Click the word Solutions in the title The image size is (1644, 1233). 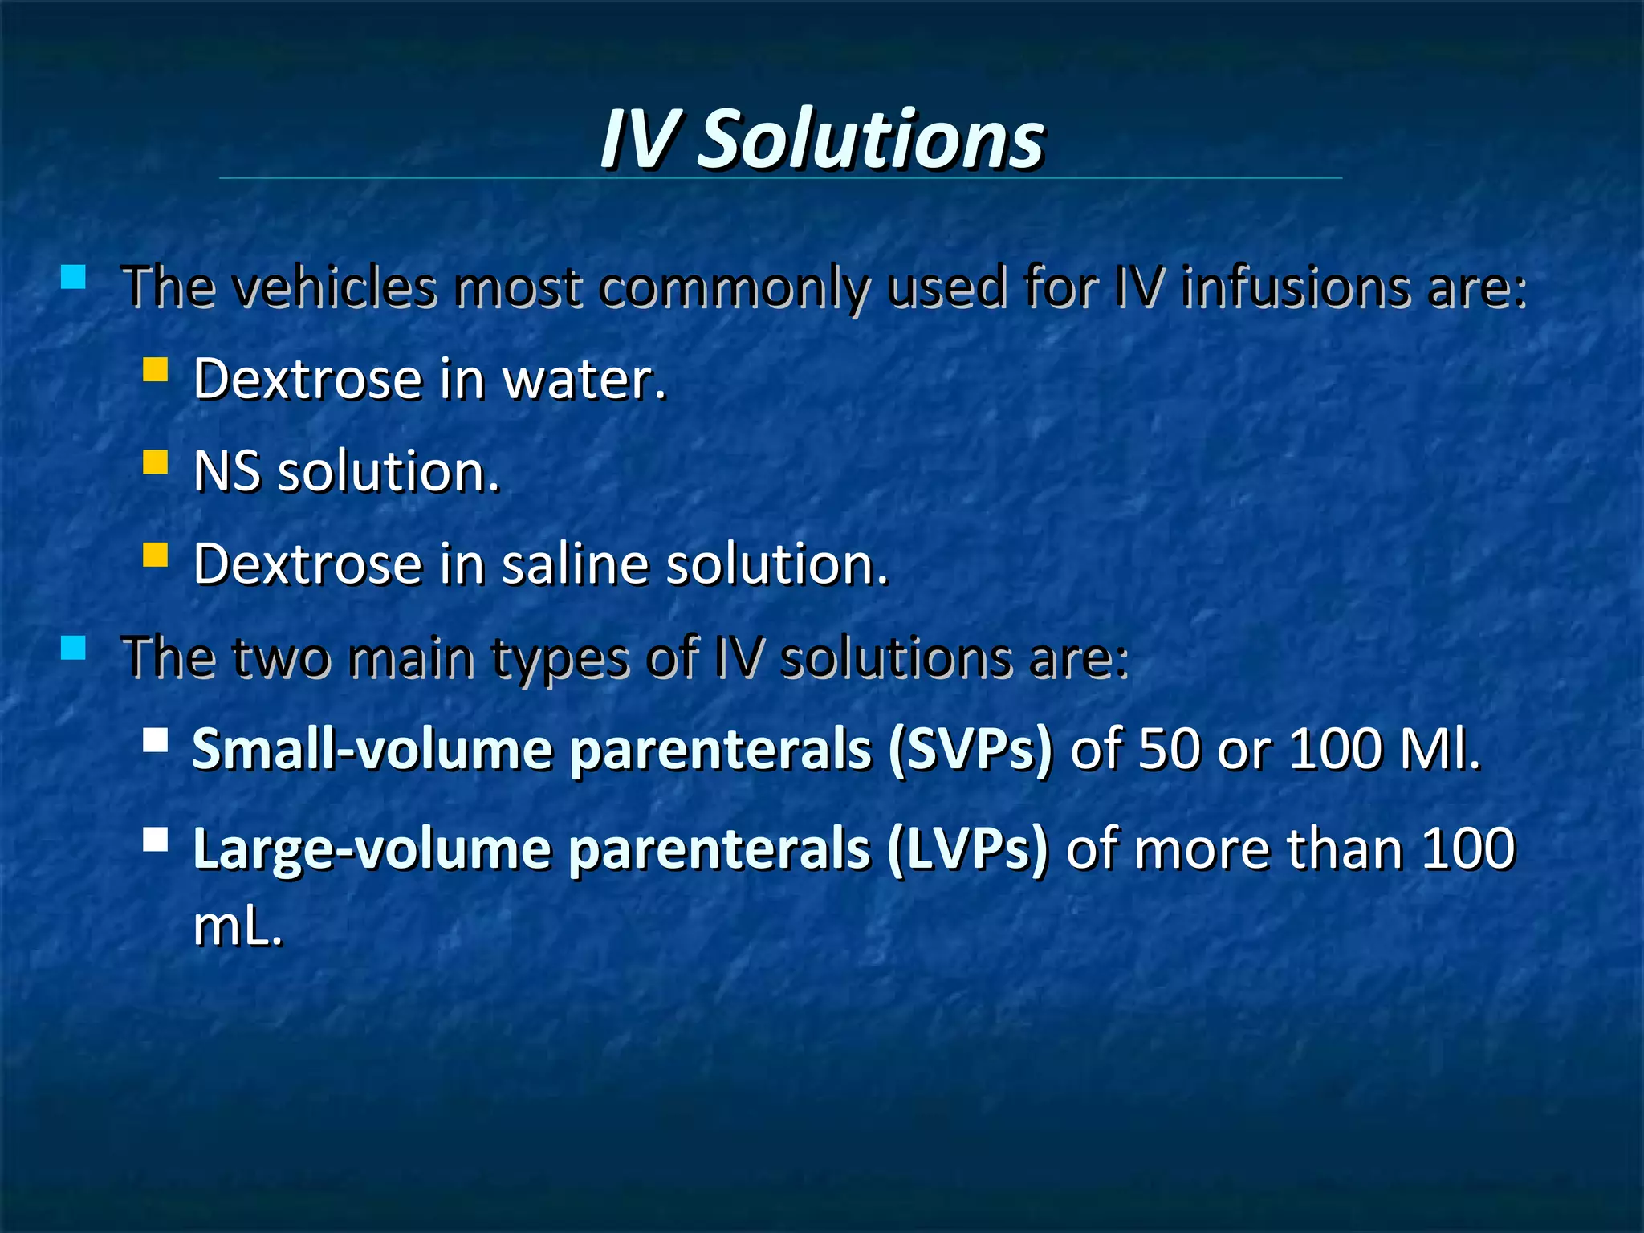pos(870,140)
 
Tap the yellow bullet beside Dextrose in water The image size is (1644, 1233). pos(155,369)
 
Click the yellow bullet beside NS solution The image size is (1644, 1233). pos(155,462)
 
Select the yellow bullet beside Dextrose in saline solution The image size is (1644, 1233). pos(155,555)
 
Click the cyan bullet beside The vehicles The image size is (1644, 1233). pos(73,277)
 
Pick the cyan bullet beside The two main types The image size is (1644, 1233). pos(73,647)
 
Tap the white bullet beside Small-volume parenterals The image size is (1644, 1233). pos(155,739)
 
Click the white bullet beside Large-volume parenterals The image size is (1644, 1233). pos(155,840)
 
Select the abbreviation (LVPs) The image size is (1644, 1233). pos(968,849)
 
